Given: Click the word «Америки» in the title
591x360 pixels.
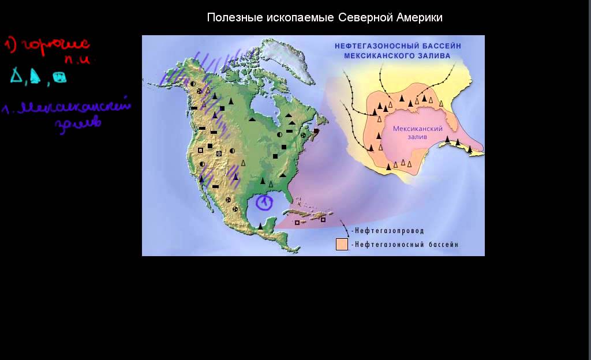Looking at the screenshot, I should coord(420,18).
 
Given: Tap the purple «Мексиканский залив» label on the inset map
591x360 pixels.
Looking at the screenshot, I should coord(417,133).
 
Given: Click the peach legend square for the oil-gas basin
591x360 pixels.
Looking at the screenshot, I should coord(342,245).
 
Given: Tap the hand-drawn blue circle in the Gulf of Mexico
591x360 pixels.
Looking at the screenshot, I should coord(264,201).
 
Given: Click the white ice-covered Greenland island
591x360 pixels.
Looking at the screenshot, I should coord(286,52).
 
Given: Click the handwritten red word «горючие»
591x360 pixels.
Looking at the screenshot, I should coord(55,45).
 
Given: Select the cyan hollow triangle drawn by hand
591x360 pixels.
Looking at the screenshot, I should coord(16,76).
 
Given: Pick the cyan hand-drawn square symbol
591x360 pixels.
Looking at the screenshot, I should coord(59,77).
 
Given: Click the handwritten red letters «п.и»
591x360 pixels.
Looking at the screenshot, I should coord(77,59).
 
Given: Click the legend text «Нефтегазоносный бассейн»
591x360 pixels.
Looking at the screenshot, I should coord(407,245).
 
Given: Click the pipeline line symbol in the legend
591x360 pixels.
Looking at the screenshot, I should coord(345,227).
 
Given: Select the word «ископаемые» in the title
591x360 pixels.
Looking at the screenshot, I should coord(302,18).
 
